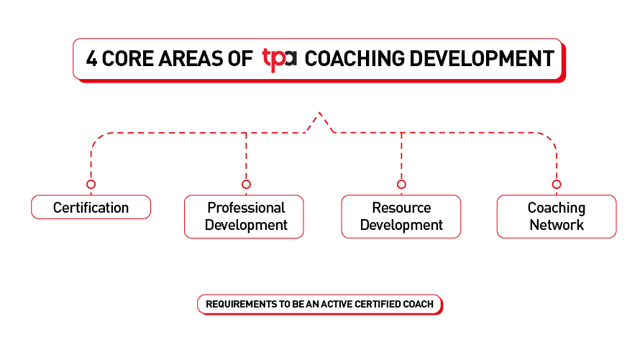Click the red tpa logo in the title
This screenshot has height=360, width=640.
point(279,60)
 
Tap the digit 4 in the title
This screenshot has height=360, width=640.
point(91,59)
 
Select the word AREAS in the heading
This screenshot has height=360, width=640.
point(191,59)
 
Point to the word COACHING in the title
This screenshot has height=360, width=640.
point(355,59)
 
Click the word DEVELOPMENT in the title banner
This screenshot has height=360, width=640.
point(482,59)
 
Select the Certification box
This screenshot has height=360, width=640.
point(91,207)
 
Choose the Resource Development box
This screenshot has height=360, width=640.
point(401,216)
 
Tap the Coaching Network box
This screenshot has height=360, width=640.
point(557,216)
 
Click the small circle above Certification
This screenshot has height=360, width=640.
point(91,184)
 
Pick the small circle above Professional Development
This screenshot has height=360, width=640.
point(246,184)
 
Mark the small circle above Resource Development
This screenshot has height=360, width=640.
point(402,184)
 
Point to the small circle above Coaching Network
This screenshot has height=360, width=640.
point(557,184)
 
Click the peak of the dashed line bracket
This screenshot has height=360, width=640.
point(320,113)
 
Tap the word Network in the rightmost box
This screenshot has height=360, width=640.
point(557,225)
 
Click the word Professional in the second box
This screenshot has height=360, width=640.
point(246,208)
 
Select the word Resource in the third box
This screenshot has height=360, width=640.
point(402,208)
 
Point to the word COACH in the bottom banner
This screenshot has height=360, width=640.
point(418,304)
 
